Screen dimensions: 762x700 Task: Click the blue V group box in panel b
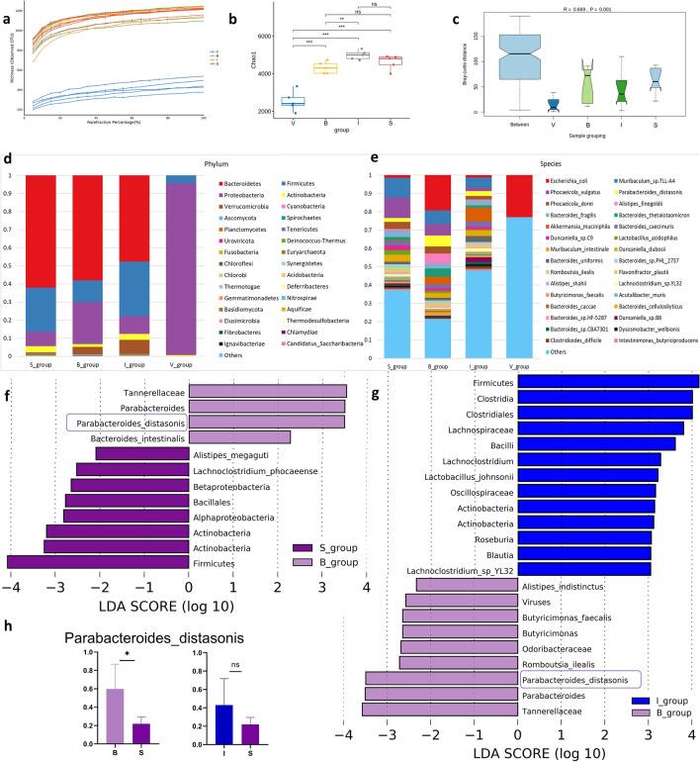pyautogui.click(x=294, y=101)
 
